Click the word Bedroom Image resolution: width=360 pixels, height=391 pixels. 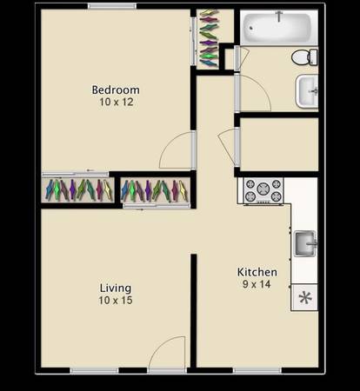click(x=116, y=89)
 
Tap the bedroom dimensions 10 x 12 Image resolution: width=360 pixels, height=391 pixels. click(x=117, y=102)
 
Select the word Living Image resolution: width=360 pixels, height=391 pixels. click(x=116, y=288)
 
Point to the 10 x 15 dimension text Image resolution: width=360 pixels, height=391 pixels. click(x=116, y=301)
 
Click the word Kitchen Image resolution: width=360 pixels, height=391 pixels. click(x=257, y=272)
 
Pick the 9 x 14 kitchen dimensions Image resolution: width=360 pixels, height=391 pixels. click(x=257, y=284)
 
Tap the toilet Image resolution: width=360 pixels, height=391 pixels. click(x=304, y=57)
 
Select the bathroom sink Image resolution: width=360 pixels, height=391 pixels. click(x=307, y=91)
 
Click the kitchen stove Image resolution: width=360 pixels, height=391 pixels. click(x=263, y=190)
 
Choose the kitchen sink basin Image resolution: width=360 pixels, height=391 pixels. click(x=305, y=243)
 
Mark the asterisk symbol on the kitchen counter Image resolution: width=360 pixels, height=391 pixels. click(x=305, y=298)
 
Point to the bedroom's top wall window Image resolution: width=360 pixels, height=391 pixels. click(x=112, y=6)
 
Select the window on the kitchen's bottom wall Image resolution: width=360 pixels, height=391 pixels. click(x=257, y=371)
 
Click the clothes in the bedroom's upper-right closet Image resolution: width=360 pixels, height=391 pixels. click(x=209, y=37)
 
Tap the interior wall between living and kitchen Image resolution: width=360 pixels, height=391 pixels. click(x=193, y=311)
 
